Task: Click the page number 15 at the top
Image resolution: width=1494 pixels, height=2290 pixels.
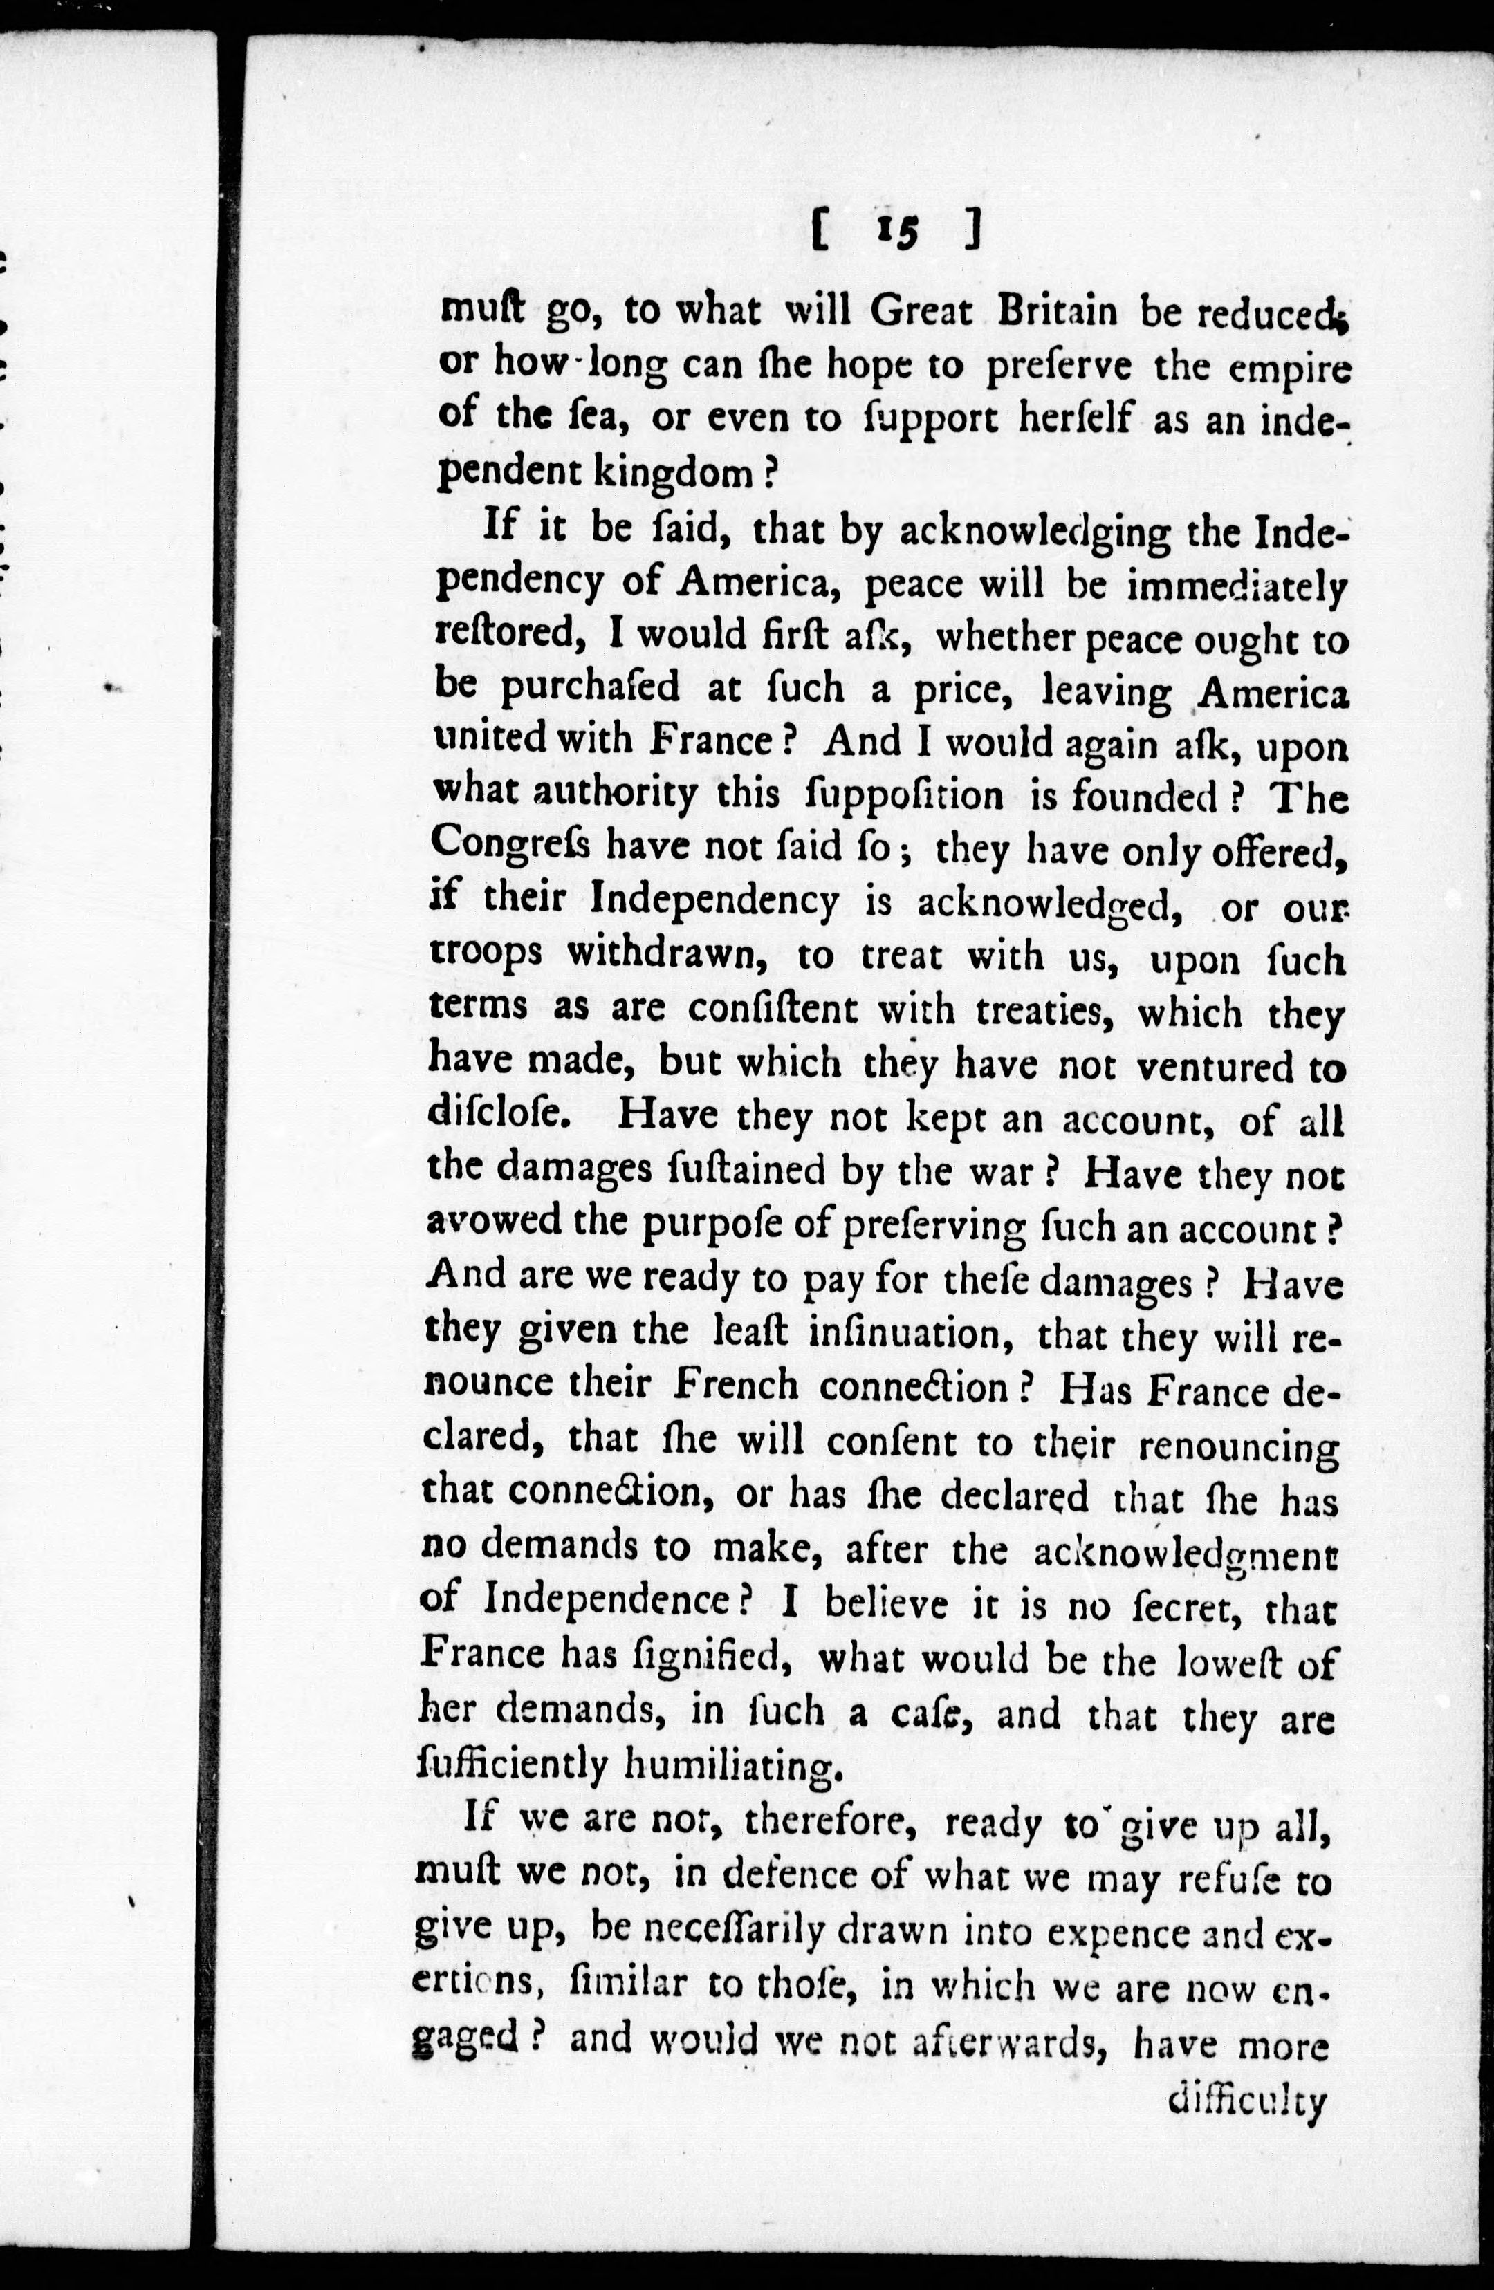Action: click(898, 234)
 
